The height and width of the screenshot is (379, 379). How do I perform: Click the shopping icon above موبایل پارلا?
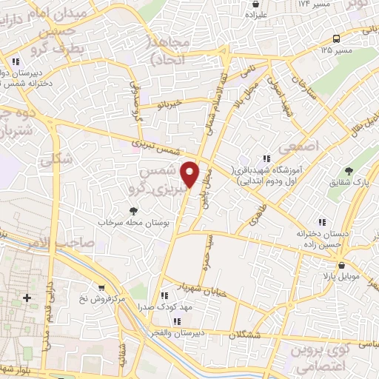341,265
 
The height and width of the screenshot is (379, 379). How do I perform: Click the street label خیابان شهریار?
191,286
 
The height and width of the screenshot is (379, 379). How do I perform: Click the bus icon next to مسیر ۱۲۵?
337,38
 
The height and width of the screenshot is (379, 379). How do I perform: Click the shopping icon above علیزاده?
255,4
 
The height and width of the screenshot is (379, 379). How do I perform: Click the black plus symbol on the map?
27,298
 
